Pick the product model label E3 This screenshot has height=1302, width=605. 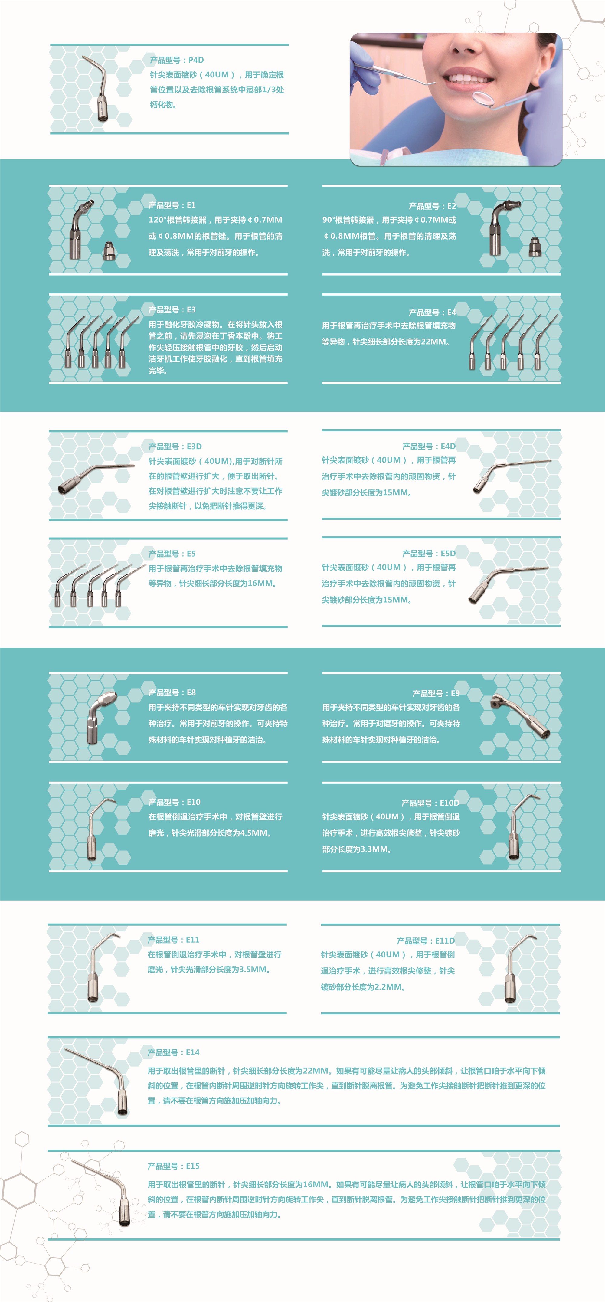172,309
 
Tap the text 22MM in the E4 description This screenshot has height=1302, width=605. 434,341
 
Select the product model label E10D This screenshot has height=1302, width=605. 430,803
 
